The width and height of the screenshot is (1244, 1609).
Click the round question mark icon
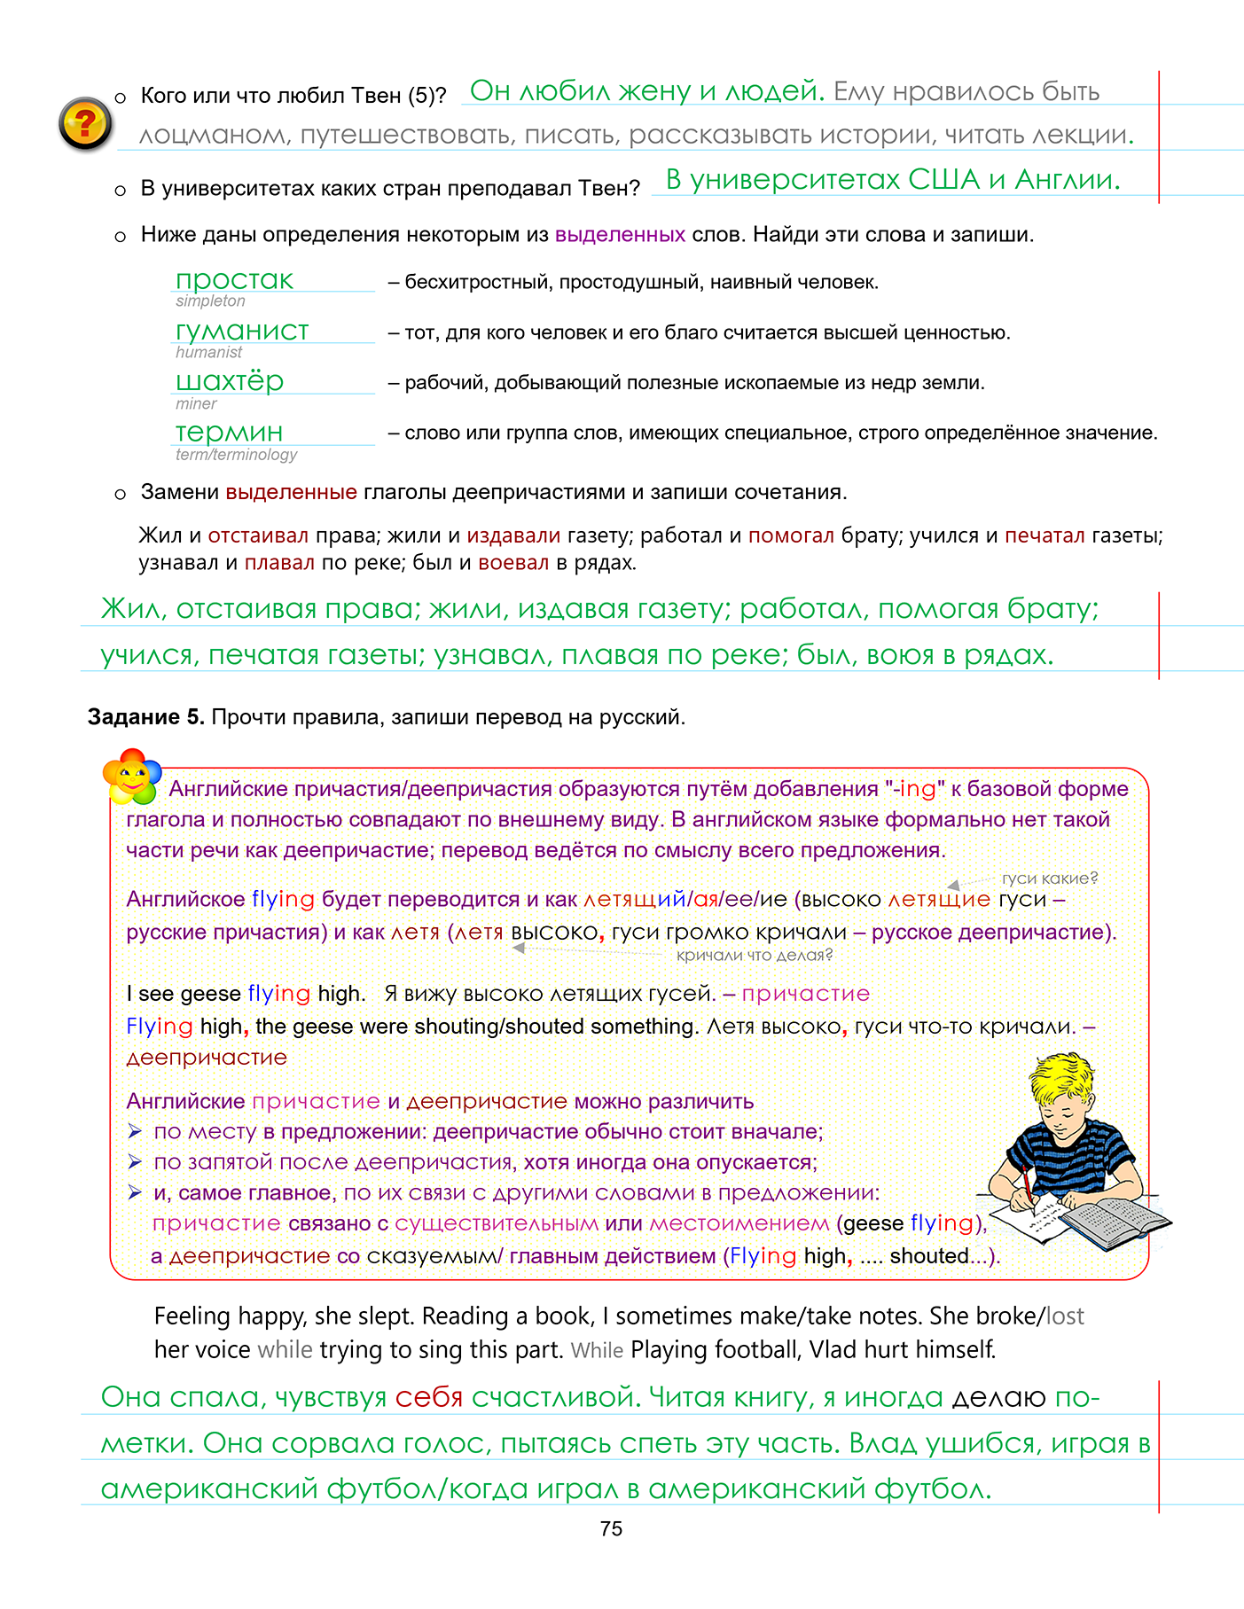[x=85, y=123]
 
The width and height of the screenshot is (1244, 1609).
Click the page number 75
[x=611, y=1528]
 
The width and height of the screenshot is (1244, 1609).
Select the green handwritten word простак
[x=234, y=280]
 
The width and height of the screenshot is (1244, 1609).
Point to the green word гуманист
[x=242, y=331]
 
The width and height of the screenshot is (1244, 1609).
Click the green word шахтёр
[x=230, y=381]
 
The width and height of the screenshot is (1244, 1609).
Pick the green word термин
[x=229, y=432]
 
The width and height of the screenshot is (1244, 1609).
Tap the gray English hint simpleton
[x=210, y=301]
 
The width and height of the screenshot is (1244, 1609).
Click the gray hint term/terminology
[x=236, y=455]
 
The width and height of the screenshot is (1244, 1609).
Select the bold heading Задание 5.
[x=145, y=717]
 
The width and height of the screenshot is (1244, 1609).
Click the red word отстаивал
[x=258, y=535]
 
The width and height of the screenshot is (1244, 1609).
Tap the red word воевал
[x=513, y=563]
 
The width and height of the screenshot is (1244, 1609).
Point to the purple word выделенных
[x=620, y=235]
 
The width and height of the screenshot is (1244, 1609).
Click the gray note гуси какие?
[x=1049, y=878]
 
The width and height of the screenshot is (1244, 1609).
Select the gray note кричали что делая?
[x=755, y=955]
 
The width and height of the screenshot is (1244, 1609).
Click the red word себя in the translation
[x=429, y=1398]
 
